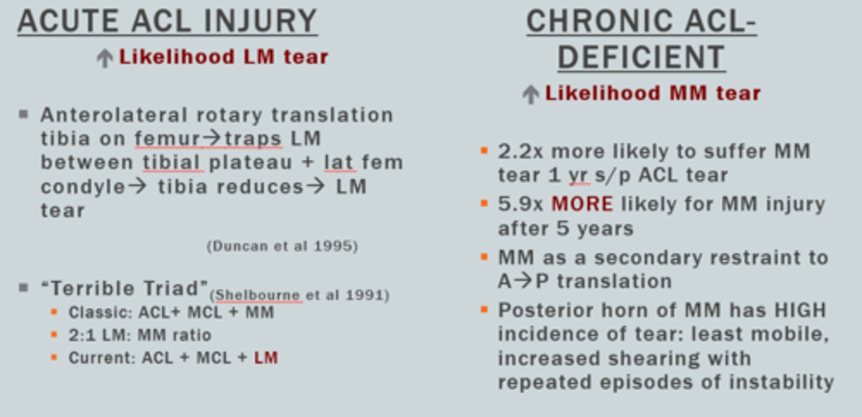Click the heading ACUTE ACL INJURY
coord(167,21)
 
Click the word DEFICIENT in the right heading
coord(641,58)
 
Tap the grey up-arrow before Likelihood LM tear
coord(105,58)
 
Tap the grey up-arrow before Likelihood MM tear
coord(530,94)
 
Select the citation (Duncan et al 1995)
coord(282,246)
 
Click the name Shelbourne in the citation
coord(257,295)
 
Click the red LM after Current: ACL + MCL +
coord(266,358)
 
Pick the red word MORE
coord(582,204)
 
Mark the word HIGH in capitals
coord(799,310)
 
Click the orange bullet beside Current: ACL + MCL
coord(54,358)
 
